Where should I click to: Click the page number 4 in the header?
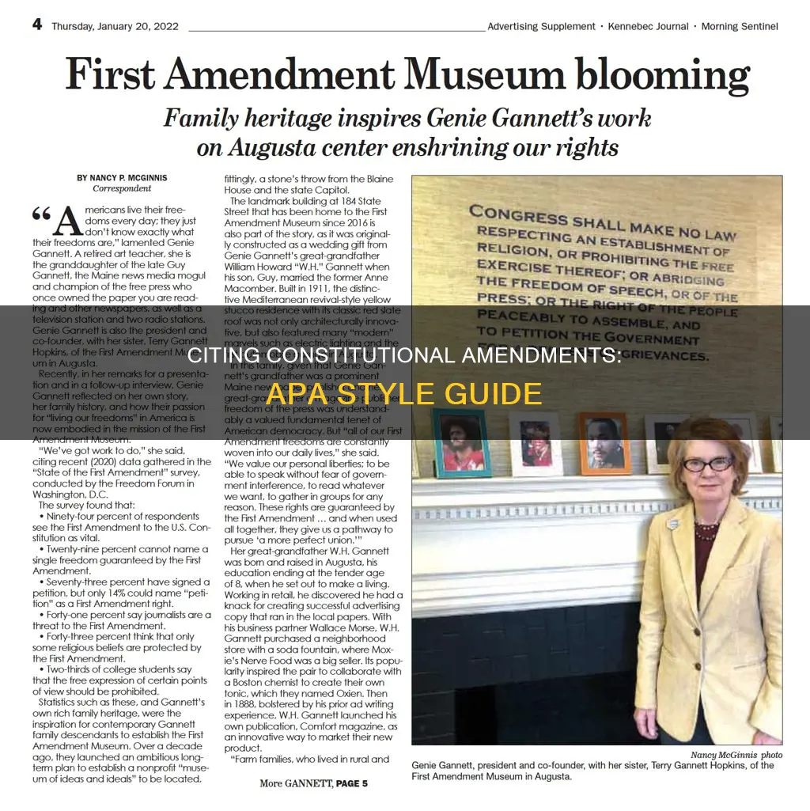pos(37,24)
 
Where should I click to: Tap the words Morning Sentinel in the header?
pos(739,26)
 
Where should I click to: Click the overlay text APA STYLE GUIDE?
pos(404,393)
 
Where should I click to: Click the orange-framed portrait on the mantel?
pos(604,442)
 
